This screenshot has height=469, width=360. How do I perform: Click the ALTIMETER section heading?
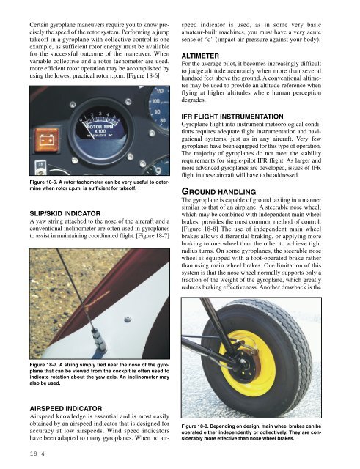point(200,56)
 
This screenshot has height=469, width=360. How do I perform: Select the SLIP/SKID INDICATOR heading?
point(65,213)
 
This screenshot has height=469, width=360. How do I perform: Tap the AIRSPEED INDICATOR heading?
point(66,409)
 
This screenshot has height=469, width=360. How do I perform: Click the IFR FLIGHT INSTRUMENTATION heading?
point(232,117)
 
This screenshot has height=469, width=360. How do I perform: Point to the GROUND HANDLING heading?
point(218,191)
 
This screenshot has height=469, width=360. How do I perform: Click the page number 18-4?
point(37,454)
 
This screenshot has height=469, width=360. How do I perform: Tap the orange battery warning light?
point(47,140)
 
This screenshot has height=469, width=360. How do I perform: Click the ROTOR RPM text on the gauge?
point(99,127)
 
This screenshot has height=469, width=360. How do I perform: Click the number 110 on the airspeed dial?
point(160,91)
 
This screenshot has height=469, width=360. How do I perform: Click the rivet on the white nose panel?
point(128,320)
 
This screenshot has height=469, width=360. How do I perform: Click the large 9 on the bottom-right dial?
point(158,171)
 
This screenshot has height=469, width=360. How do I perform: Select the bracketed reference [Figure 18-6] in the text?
point(143,75)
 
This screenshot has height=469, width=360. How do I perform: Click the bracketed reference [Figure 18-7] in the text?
point(153,236)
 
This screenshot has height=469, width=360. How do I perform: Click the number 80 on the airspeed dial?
point(163,120)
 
